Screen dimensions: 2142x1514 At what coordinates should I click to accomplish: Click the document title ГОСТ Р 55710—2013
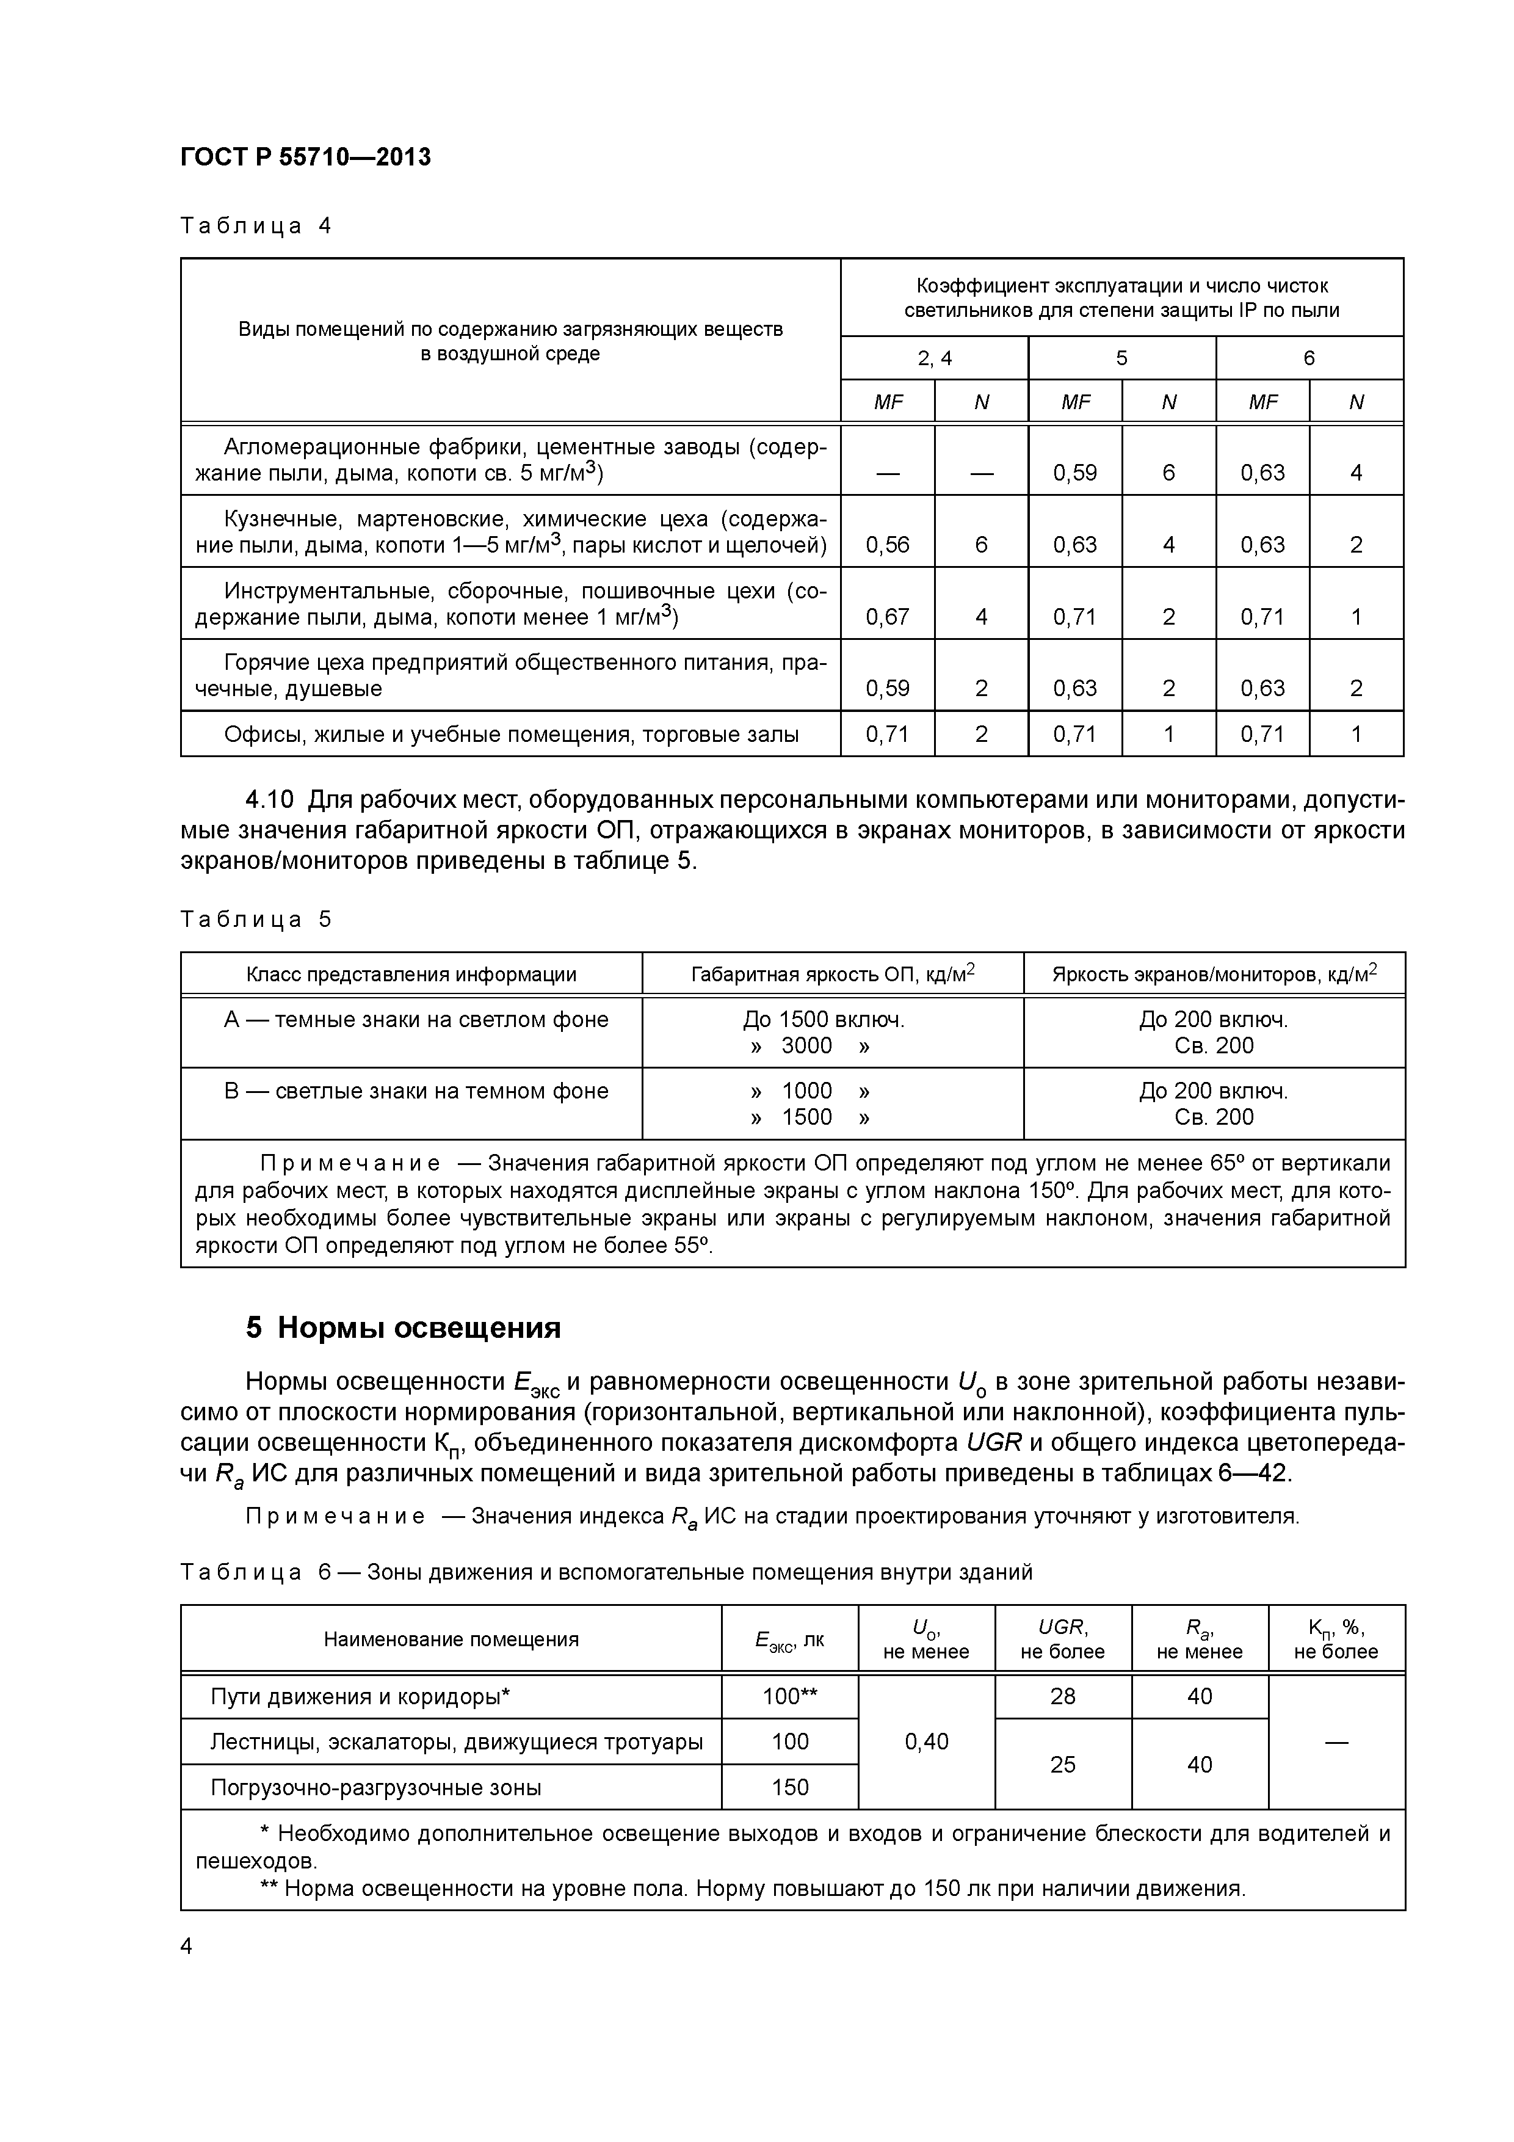coord(305,158)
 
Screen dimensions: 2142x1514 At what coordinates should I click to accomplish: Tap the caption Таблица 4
coord(256,226)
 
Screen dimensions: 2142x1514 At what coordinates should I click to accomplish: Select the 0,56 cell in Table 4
coord(887,545)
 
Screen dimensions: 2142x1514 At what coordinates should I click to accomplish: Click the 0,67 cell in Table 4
coord(887,617)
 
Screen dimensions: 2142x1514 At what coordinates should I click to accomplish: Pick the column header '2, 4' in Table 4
coord(934,358)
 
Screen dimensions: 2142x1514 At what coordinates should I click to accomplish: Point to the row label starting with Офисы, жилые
coord(510,734)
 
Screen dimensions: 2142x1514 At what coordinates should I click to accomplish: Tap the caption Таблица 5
coord(256,919)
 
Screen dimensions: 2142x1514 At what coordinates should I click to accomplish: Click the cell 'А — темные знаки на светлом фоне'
coord(416,1020)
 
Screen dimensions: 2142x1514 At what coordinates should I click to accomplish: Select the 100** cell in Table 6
coord(789,1696)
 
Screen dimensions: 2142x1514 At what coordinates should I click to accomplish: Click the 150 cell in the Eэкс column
coord(789,1787)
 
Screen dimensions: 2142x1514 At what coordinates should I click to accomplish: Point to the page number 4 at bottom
coord(187,1946)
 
